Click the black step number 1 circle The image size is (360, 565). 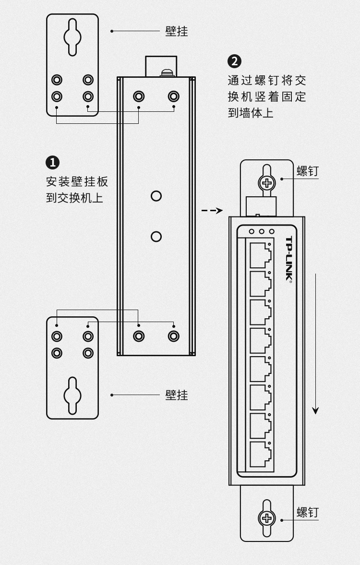52,163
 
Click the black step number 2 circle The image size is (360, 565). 234,61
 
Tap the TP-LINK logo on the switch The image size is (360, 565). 289,259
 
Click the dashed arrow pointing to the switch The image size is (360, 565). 212,210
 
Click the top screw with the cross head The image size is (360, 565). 266,182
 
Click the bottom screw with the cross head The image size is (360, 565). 266,518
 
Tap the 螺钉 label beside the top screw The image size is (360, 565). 307,171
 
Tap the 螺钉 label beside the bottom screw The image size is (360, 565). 307,512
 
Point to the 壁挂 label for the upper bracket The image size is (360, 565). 176,31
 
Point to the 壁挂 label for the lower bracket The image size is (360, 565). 176,395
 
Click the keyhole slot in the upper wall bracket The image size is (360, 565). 72,37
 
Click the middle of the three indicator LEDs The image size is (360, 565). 262,231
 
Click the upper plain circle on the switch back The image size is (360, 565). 156,196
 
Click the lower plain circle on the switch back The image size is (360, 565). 156,236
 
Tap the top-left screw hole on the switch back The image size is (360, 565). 139,96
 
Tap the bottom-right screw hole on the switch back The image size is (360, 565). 173,336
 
